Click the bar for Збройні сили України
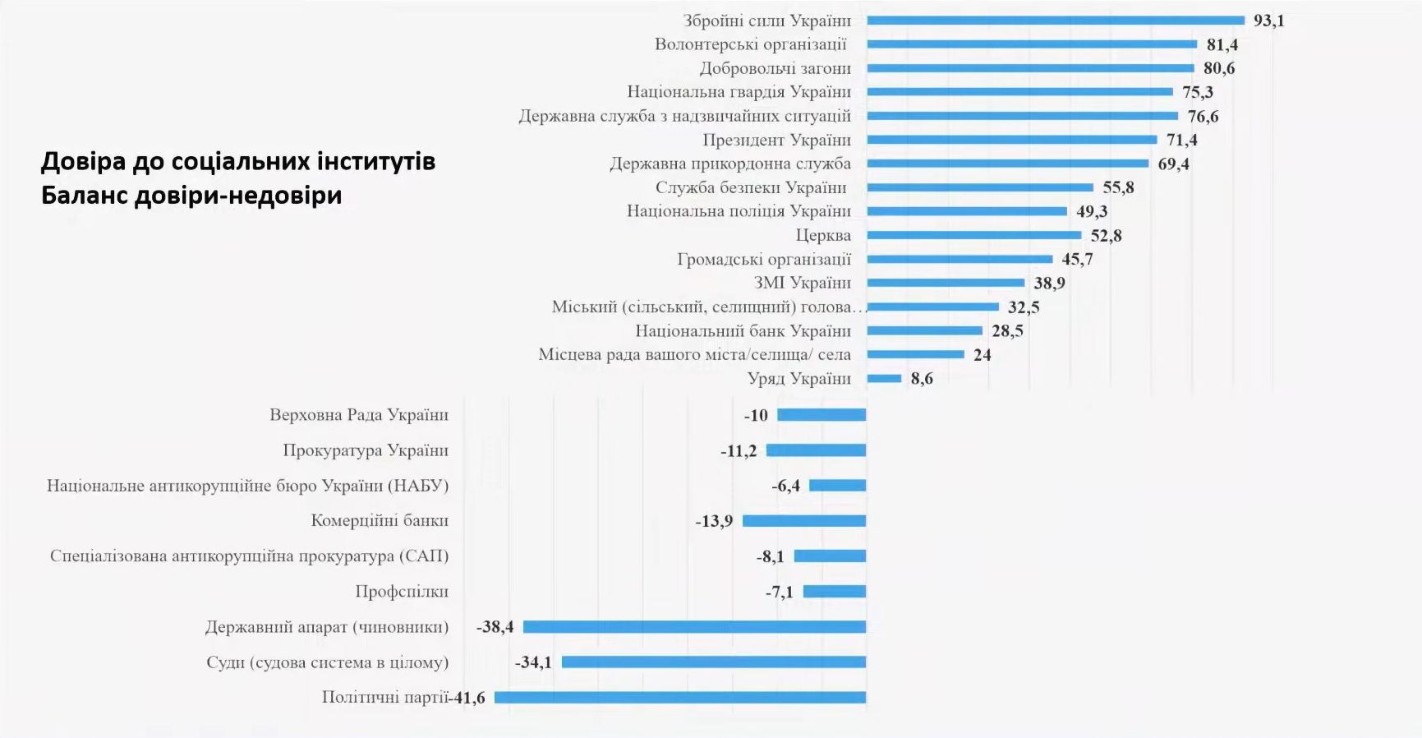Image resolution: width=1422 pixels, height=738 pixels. (1056, 21)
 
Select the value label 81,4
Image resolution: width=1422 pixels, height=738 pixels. (1222, 45)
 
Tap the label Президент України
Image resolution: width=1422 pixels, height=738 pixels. (776, 140)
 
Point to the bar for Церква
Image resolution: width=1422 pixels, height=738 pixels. (973, 235)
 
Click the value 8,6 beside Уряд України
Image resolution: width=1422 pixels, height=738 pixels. (922, 379)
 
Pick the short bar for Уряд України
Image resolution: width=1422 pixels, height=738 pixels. (884, 379)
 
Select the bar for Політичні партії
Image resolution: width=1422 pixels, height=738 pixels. (680, 698)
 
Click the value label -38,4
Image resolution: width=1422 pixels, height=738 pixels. (495, 627)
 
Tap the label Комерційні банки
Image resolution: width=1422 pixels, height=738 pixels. (380, 520)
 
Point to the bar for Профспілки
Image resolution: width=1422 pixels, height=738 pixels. (835, 592)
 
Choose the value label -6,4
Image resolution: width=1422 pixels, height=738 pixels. (785, 486)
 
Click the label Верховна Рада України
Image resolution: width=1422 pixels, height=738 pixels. (359, 415)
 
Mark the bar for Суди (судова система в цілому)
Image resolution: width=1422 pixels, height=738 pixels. (714, 662)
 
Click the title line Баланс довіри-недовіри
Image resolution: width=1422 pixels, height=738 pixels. (191, 196)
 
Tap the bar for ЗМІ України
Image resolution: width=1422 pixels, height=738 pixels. (946, 283)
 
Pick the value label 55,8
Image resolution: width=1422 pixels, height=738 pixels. (1118, 187)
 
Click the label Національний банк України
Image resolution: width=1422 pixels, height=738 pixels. (743, 331)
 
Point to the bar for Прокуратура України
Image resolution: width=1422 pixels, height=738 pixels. (816, 450)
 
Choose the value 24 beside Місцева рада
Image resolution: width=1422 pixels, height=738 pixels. (983, 355)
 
